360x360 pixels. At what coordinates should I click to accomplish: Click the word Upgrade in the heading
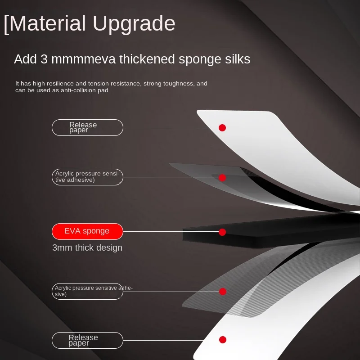(x=133, y=23)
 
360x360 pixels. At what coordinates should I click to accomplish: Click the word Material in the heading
(x=47, y=23)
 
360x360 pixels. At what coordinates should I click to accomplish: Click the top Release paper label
(x=87, y=127)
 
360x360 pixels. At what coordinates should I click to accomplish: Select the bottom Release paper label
(x=87, y=340)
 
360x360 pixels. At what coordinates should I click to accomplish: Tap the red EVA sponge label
(x=87, y=231)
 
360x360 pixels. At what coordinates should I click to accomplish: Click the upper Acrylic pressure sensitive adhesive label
(x=87, y=177)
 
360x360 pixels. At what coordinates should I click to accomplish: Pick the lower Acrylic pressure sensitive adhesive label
(x=87, y=291)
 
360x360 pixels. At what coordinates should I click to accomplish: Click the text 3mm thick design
(x=87, y=248)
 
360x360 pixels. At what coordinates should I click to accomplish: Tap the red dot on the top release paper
(x=222, y=128)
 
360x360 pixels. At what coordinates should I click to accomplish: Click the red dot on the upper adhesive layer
(x=222, y=178)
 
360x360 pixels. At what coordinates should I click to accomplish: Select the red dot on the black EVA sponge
(x=222, y=232)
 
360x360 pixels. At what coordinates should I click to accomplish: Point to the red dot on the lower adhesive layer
(x=222, y=292)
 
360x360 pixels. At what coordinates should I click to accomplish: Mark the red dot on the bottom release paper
(x=222, y=340)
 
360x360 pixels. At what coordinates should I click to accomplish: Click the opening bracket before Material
(x=6, y=24)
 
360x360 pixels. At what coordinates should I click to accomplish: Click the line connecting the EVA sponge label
(x=171, y=232)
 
